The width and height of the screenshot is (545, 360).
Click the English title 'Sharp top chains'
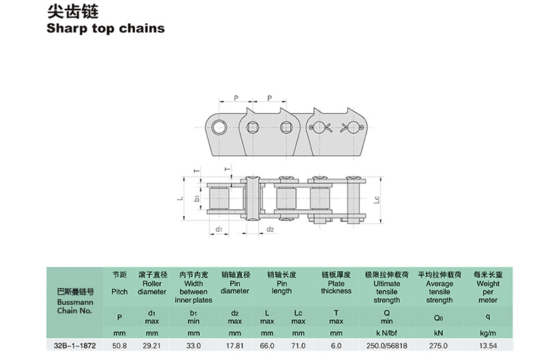(x=106, y=29)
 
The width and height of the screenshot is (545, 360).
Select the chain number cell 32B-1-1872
(x=74, y=345)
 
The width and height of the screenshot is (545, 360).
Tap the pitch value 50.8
(x=120, y=345)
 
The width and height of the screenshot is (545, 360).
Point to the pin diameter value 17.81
(x=234, y=345)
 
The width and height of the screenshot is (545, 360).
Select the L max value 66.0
(x=267, y=345)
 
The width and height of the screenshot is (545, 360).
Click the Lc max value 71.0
(x=298, y=345)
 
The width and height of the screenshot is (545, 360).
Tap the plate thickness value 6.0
(x=336, y=345)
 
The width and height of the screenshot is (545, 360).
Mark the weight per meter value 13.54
(x=488, y=345)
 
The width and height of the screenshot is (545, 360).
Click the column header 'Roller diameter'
(x=152, y=287)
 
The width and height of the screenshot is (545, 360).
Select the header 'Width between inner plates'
(x=193, y=291)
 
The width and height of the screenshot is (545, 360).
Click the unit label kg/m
(x=488, y=333)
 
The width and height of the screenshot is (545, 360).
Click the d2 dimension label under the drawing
(x=270, y=230)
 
